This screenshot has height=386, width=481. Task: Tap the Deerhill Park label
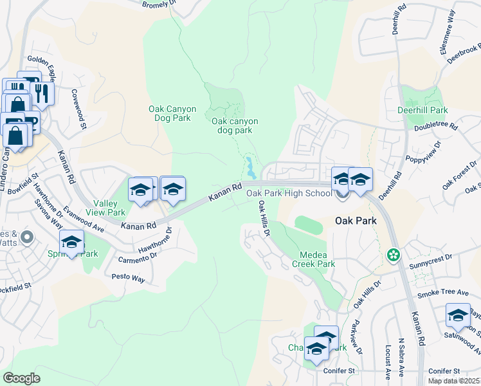point(422,110)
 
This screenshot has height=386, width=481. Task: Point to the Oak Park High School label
point(289,192)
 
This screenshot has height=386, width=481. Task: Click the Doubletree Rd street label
point(435,127)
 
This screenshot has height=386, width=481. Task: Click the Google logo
point(21,378)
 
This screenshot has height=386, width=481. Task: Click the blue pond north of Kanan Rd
point(250,169)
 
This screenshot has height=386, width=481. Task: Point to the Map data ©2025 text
point(454,381)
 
